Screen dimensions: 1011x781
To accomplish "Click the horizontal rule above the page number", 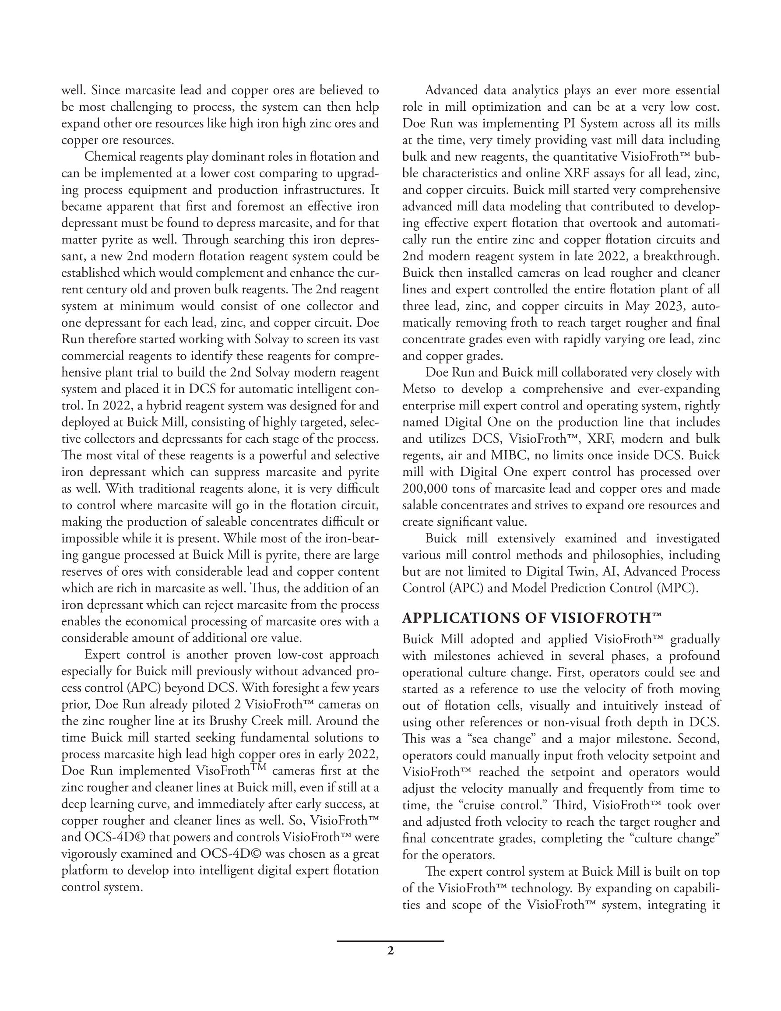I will pyautogui.click(x=390, y=941).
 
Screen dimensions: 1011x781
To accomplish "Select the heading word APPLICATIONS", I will pyautogui.click(x=461, y=618).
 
